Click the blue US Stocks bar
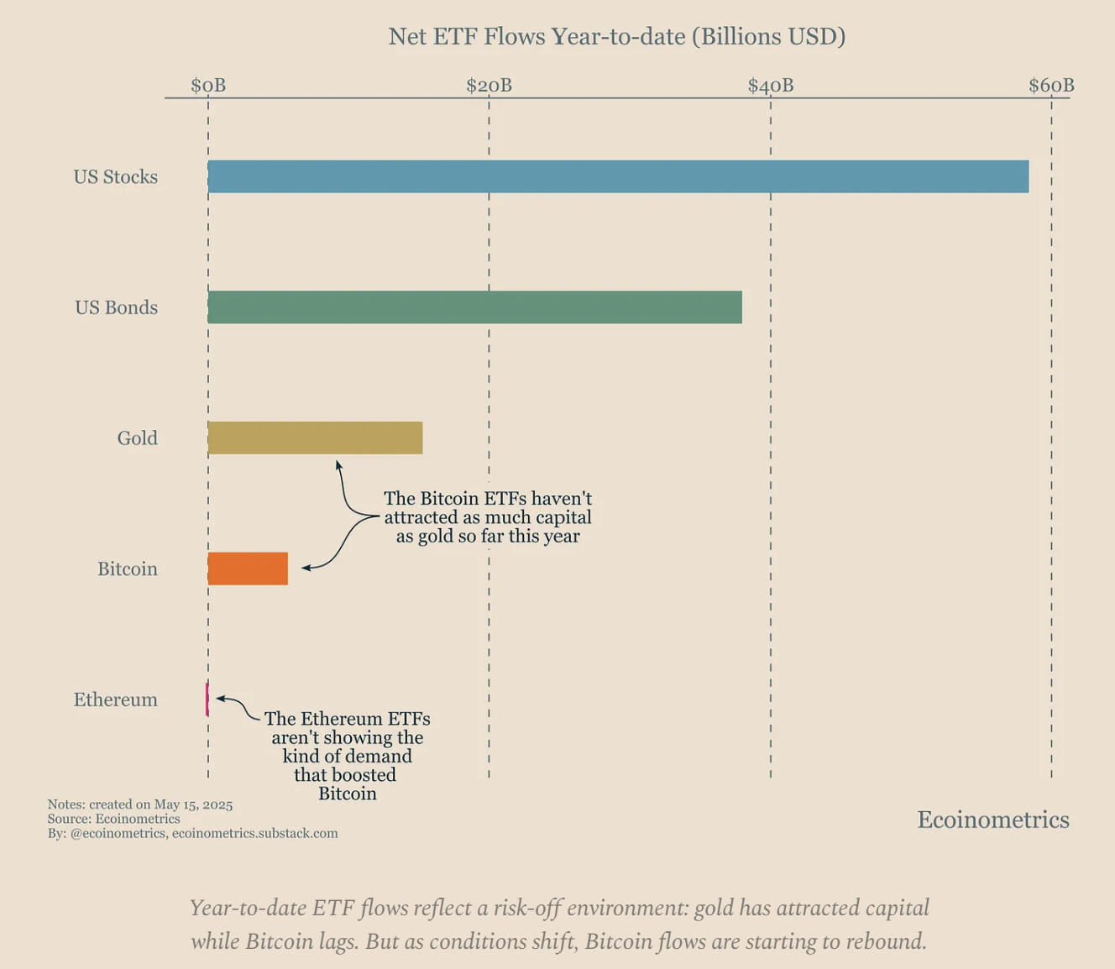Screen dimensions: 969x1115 pyautogui.click(x=618, y=176)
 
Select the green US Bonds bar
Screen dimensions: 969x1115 pyautogui.click(x=474, y=307)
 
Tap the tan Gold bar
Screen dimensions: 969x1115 pyautogui.click(x=315, y=438)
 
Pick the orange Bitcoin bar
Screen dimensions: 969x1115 pyautogui.click(x=248, y=568)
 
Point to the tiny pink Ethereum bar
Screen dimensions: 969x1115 pyautogui.click(x=207, y=699)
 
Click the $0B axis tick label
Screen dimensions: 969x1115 pyautogui.click(x=208, y=86)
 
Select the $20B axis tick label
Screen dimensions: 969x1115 pyautogui.click(x=489, y=86)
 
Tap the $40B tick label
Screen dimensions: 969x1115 pyautogui.click(x=770, y=86)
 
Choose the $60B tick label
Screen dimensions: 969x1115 pyautogui.click(x=1051, y=86)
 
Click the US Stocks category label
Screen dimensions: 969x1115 pyautogui.click(x=116, y=177)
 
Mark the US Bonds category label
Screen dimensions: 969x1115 pyautogui.click(x=116, y=307)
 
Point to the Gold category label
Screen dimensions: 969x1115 pyautogui.click(x=138, y=438)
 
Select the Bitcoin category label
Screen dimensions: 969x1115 pyautogui.click(x=128, y=569)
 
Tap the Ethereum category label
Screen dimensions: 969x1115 pyautogui.click(x=116, y=700)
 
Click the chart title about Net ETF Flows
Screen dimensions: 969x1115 pyautogui.click(x=616, y=37)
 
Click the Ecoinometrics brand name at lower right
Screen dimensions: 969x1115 pyautogui.click(x=992, y=820)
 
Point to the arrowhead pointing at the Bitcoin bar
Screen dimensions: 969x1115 pyautogui.click(x=305, y=568)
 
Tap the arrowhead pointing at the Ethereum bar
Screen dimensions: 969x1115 pyautogui.click(x=219, y=698)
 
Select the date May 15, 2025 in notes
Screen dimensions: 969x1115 pyautogui.click(x=193, y=804)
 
